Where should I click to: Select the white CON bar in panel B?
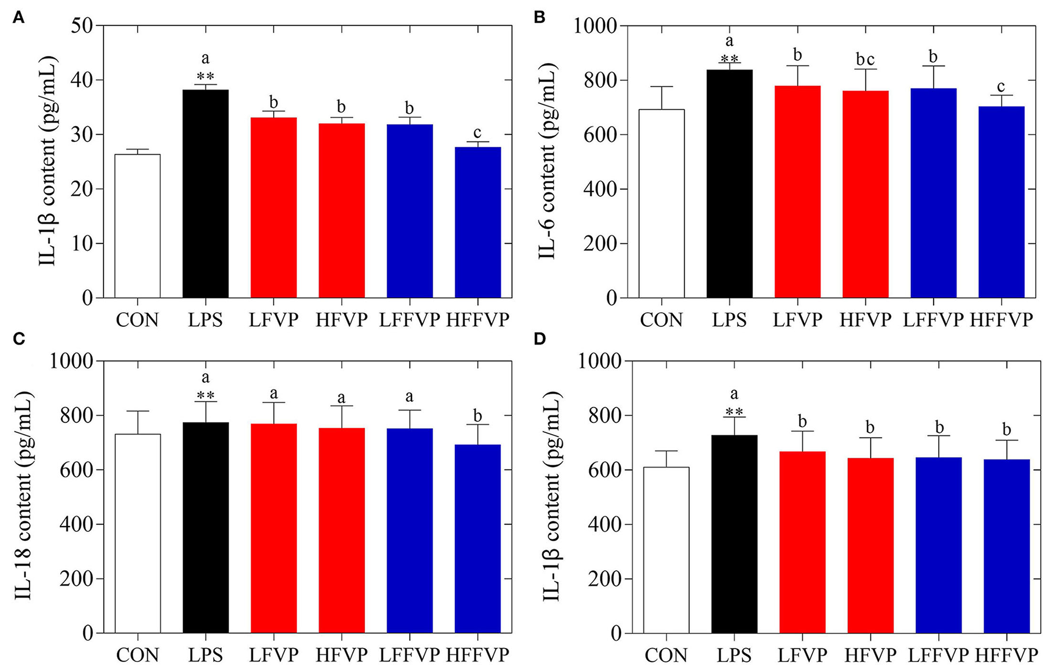(x=661, y=203)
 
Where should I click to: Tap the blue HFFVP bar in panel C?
(x=477, y=538)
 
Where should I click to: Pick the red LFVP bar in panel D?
(x=802, y=542)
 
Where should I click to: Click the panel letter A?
(x=18, y=18)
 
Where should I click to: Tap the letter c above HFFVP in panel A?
(x=477, y=133)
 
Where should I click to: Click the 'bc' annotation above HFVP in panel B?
(x=865, y=59)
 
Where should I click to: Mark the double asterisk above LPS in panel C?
(x=205, y=395)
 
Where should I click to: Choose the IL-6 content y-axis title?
(x=547, y=162)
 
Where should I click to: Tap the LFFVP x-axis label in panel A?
(x=409, y=320)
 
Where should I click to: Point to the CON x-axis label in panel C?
(x=137, y=655)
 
